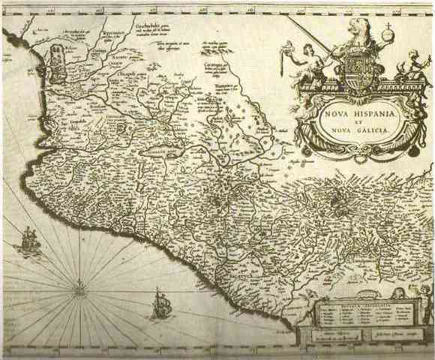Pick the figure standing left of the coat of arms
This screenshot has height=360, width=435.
pyautogui.click(x=307, y=64)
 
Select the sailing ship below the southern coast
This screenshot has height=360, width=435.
pyautogui.click(x=159, y=304)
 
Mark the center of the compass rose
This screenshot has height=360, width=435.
pyautogui.click(x=79, y=284)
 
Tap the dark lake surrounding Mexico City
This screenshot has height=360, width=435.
pyautogui.click(x=219, y=203)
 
